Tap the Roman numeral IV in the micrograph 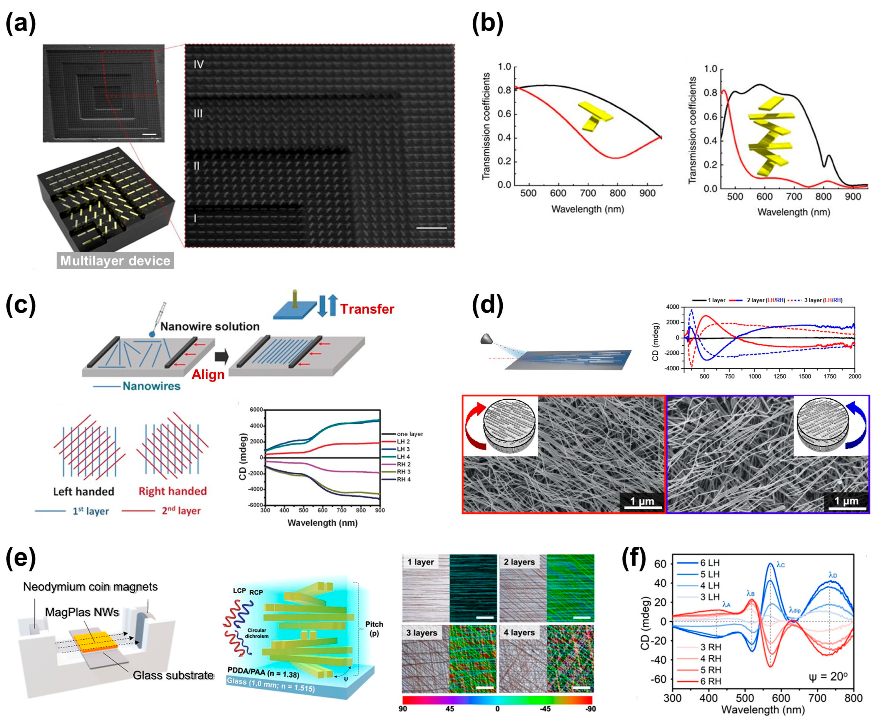[x=199, y=64]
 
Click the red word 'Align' [x=208, y=375]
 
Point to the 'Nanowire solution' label [x=210, y=326]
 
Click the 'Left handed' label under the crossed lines [x=84, y=492]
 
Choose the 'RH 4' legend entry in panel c [x=403, y=479]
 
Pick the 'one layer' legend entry [x=409, y=434]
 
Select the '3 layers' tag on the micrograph [x=422, y=633]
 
